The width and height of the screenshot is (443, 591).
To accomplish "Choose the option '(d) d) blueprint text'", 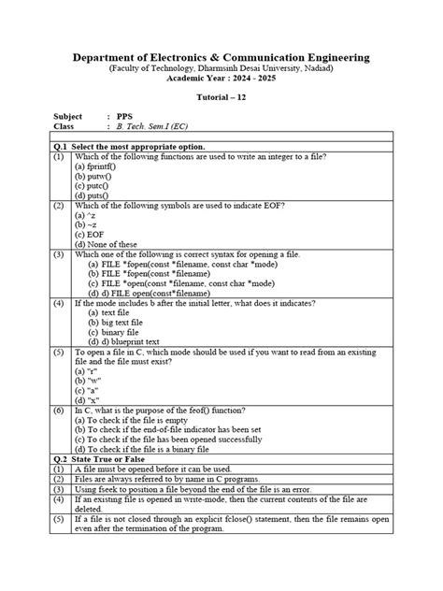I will coord(130,341).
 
